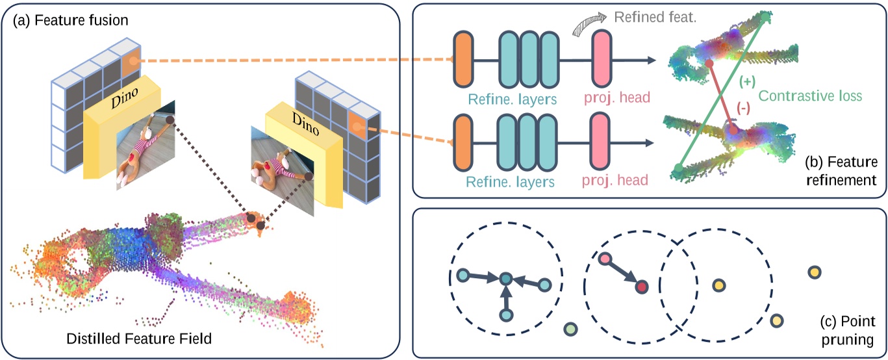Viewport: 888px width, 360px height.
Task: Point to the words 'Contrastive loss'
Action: (810, 96)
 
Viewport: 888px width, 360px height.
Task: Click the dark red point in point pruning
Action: (642, 287)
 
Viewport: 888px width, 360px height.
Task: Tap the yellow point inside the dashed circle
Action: (719, 285)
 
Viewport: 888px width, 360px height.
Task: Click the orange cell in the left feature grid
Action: (131, 64)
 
